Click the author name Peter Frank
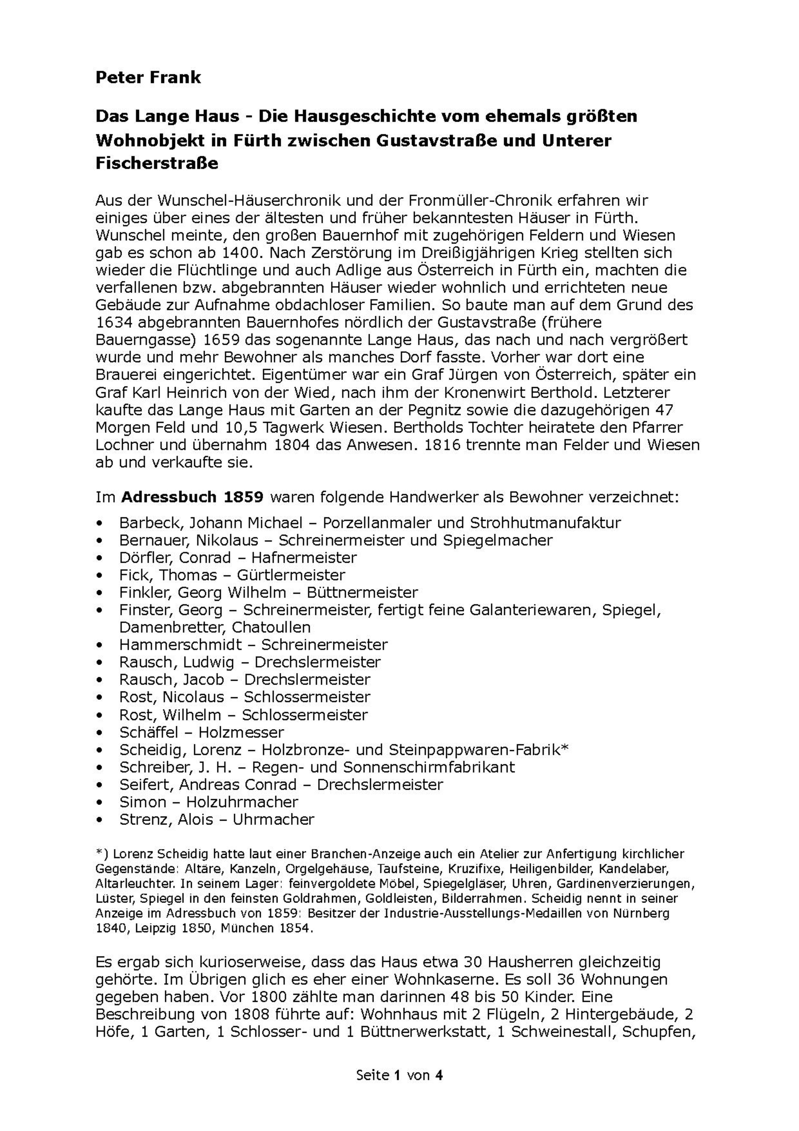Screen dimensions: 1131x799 tap(148, 78)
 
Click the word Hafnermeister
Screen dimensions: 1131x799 tap(304, 558)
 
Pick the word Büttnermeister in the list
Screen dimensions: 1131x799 tap(362, 592)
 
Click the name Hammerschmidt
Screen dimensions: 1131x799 tap(180, 644)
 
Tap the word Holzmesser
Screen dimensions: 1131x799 tap(241, 732)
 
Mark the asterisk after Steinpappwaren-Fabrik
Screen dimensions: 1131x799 tap(565, 748)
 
